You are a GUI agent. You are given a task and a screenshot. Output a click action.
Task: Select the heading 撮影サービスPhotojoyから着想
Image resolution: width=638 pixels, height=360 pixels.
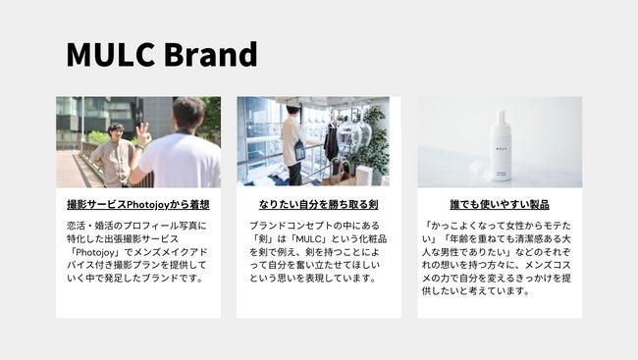137,205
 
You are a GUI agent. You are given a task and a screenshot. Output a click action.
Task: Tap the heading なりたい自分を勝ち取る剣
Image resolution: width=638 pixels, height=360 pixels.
318,205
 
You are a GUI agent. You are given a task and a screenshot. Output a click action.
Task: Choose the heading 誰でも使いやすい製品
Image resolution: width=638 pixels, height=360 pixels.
499,205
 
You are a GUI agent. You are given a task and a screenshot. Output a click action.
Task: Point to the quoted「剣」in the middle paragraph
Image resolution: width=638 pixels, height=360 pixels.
267,238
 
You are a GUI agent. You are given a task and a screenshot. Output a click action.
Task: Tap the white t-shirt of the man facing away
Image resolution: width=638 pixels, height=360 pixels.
181,162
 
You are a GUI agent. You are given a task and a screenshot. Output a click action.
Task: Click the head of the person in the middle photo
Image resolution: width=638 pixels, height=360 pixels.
292,107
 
